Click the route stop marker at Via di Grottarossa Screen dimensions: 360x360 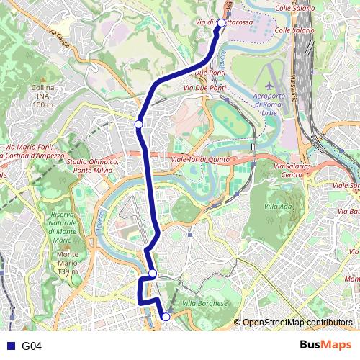[221, 22]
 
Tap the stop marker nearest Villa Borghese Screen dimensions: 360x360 [166, 316]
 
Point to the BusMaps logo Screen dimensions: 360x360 [326, 346]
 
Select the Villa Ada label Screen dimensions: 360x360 [279, 206]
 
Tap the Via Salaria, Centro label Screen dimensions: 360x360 [292, 171]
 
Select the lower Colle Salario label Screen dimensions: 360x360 [293, 30]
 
